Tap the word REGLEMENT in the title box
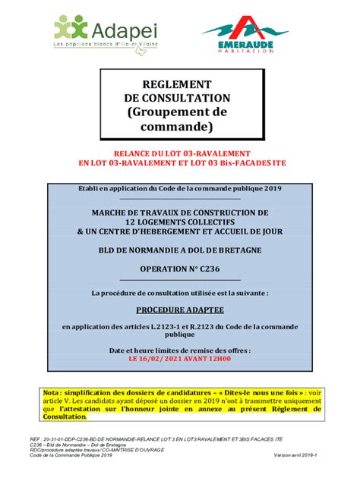coord(176,84)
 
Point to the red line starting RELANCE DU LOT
coord(180,153)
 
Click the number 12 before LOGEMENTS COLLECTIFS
coord(130,221)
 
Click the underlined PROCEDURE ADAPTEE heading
coord(179,310)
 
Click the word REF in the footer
coord(35,439)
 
